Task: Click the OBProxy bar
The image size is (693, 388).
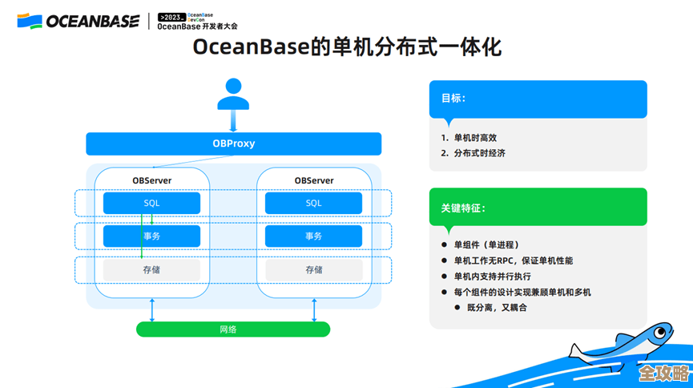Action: click(233, 144)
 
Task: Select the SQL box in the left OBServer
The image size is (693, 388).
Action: click(151, 204)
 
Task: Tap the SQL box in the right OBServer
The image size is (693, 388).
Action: click(313, 204)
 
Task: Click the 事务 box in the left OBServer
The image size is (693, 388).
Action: click(151, 236)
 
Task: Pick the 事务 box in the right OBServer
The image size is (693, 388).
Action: click(313, 236)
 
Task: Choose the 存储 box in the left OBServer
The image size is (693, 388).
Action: click(151, 270)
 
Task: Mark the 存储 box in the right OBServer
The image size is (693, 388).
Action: click(313, 270)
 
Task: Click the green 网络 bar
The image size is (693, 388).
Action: click(232, 329)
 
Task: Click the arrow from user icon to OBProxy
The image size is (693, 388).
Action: click(233, 122)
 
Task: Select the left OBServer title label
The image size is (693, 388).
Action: click(151, 180)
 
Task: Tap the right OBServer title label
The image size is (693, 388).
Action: click(313, 180)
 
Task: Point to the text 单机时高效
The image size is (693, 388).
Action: click(475, 138)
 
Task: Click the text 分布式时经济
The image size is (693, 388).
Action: click(479, 153)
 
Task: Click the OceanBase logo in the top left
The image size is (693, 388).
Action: click(78, 21)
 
